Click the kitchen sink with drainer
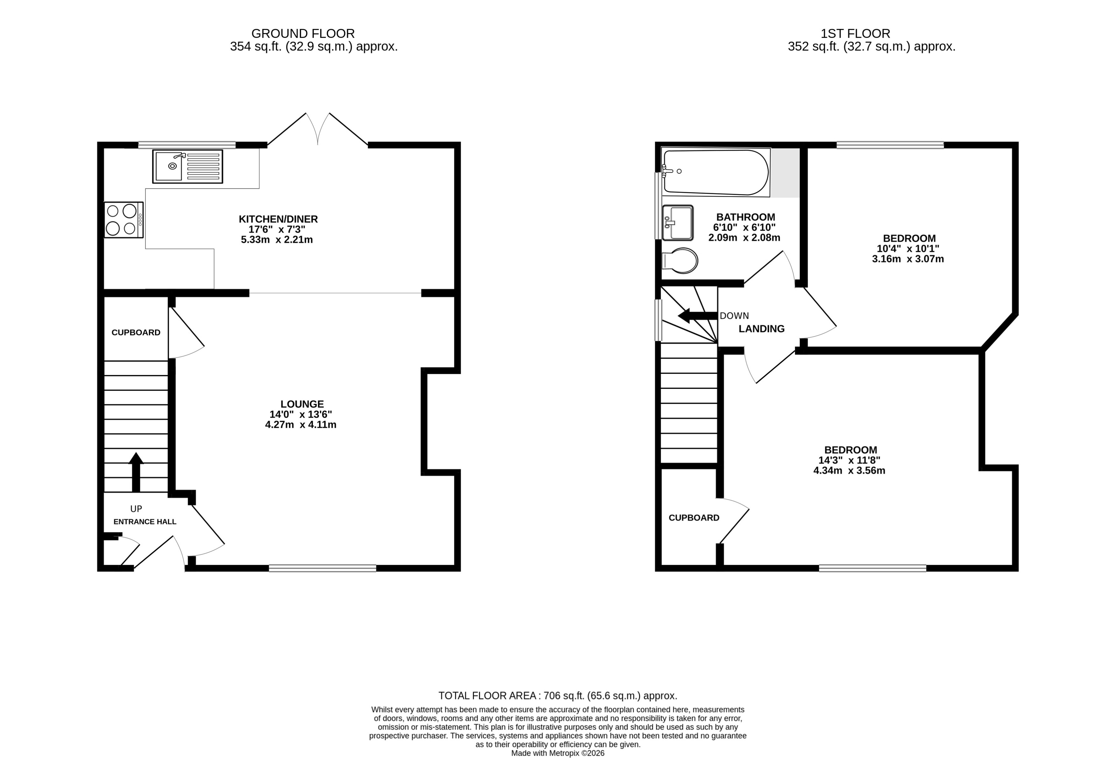pyautogui.click(x=187, y=166)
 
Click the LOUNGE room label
pyautogui.click(x=302, y=404)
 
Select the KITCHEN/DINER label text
pyautogui.click(x=278, y=219)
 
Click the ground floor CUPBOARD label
pyautogui.click(x=136, y=332)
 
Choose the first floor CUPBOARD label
pyautogui.click(x=694, y=517)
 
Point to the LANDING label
pyautogui.click(x=761, y=329)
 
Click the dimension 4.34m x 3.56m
pyautogui.click(x=849, y=470)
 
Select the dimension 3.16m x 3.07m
pyautogui.click(x=907, y=259)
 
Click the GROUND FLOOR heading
pyautogui.click(x=303, y=33)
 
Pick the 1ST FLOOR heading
pyautogui.click(x=855, y=33)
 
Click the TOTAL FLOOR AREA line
pyautogui.click(x=557, y=696)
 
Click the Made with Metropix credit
pyautogui.click(x=557, y=753)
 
